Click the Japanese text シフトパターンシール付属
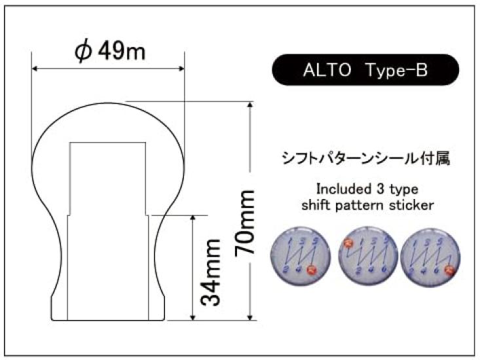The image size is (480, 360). pos(366,159)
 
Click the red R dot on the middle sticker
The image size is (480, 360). pos(347,244)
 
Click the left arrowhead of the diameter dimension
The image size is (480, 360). pos(36,69)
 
